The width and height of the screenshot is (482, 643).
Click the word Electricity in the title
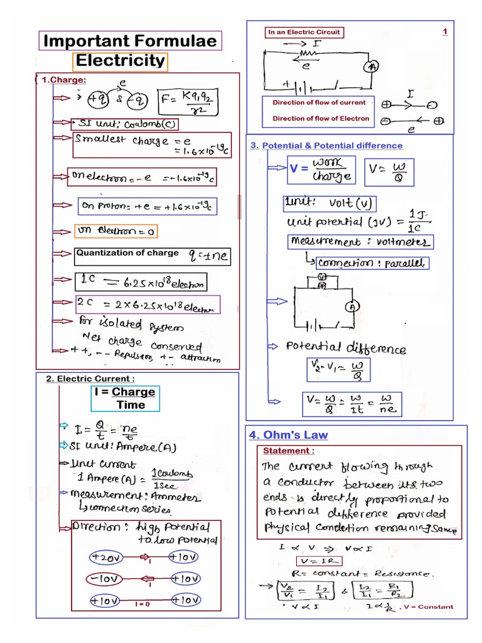click(120, 62)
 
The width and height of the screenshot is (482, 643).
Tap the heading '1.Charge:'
click(63, 80)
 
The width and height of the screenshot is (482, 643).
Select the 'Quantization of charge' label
click(127, 253)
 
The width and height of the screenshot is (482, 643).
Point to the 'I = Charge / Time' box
click(126, 398)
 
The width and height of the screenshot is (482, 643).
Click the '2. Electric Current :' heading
click(90, 379)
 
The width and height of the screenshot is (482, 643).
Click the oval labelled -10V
click(105, 578)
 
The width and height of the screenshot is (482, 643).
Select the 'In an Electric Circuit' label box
click(304, 32)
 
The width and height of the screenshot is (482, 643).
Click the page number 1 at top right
click(444, 31)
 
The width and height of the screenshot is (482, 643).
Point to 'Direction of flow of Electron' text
click(321, 118)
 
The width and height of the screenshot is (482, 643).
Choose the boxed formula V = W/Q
click(392, 171)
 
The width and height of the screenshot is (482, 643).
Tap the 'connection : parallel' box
click(372, 262)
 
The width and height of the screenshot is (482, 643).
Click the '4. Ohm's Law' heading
click(288, 435)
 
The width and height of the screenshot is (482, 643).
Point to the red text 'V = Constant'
click(429, 607)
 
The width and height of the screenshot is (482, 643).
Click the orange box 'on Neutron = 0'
click(115, 232)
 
